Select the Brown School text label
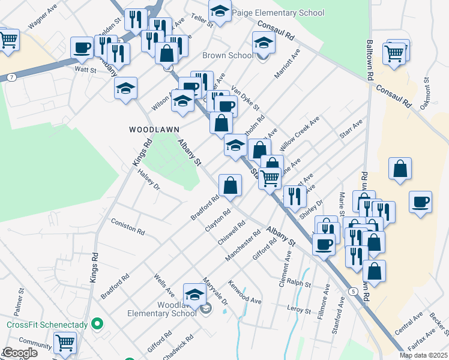click(228, 56)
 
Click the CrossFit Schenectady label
click(47, 325)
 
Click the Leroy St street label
click(298, 310)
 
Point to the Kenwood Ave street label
click(245, 291)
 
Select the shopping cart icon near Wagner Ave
click(8, 40)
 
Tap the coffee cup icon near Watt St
click(82, 47)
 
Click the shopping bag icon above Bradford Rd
click(230, 186)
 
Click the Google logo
click(19, 353)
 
